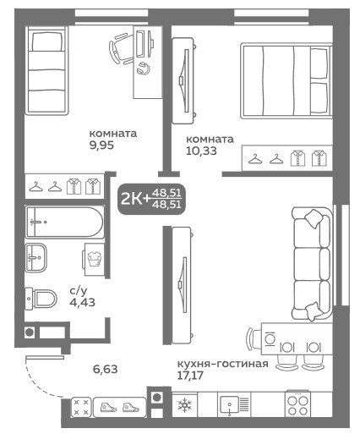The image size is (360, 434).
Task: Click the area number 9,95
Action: [101, 146]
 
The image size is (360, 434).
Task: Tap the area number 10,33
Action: [201, 151]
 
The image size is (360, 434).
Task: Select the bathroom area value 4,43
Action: [82, 302]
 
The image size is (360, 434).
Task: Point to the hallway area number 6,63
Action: [105, 369]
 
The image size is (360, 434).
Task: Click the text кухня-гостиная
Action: [222, 364]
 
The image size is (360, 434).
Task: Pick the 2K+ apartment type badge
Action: [151, 199]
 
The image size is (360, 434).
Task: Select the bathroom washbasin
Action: [35, 257]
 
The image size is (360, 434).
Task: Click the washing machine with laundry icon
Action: [94, 259]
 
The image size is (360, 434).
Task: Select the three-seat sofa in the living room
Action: [311, 264]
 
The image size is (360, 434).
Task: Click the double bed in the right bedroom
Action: [286, 81]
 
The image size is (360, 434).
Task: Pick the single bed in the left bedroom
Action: [47, 70]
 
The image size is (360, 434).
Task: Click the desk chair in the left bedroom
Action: [121, 48]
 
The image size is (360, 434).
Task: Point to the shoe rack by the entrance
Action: [119, 408]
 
